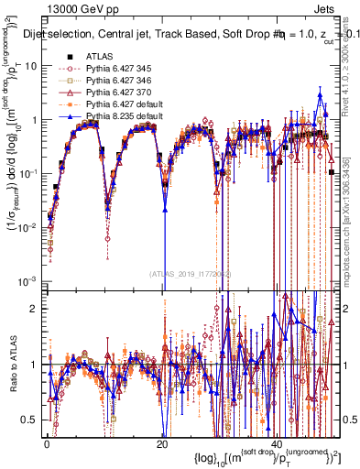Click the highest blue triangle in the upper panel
320,95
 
